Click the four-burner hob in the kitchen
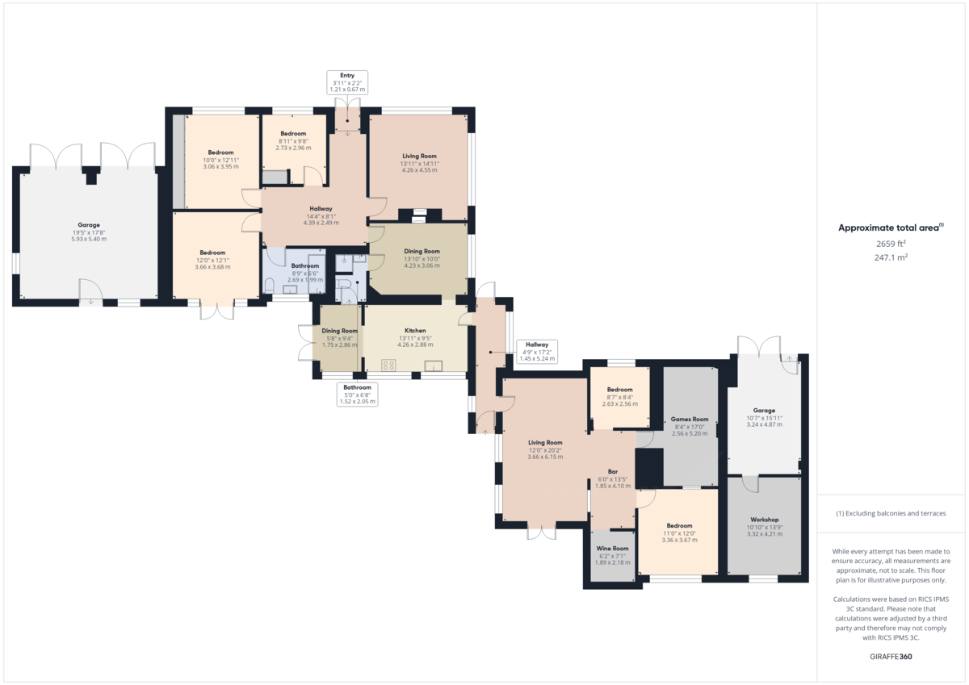[x=388, y=365]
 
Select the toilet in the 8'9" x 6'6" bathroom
[x=268, y=286]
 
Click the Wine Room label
[x=612, y=549]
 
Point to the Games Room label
[x=690, y=420]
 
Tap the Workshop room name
[x=764, y=520]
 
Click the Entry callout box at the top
[x=347, y=81]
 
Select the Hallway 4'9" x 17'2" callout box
[x=537, y=351]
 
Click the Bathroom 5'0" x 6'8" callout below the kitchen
[x=357, y=394]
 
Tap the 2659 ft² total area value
[x=891, y=243]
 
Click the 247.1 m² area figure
[x=891, y=257]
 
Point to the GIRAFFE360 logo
[x=891, y=657]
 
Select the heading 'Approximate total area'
[x=890, y=228]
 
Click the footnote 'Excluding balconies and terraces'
[x=891, y=513]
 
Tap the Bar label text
[x=613, y=471]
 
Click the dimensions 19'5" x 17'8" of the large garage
[x=89, y=232]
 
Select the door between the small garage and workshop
[x=751, y=482]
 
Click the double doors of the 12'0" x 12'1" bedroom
[x=216, y=309]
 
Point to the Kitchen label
[x=415, y=331]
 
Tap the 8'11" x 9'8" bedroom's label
[x=293, y=133]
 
